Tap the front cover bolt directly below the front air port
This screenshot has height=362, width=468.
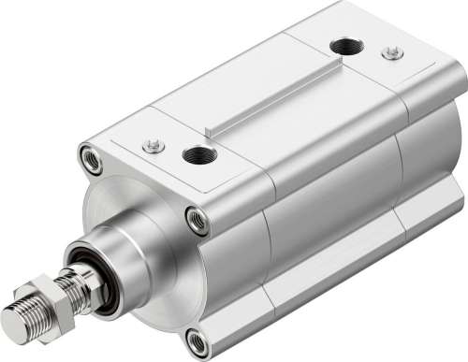coord(197,221)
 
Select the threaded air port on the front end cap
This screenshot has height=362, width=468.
coord(198,155)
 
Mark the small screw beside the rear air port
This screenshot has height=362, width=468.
coord(392,53)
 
